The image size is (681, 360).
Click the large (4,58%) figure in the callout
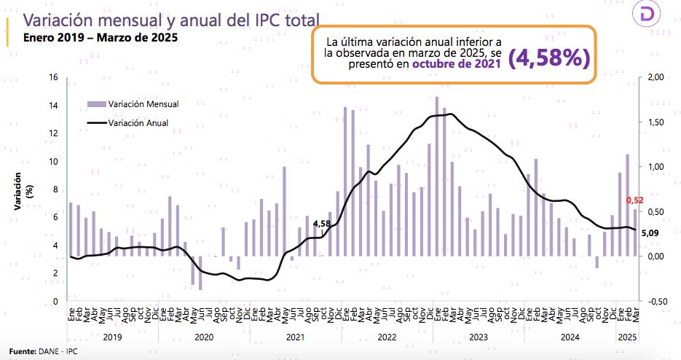pos(548,59)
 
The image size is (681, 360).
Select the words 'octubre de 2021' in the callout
pos(457,64)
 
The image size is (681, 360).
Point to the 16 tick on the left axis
pos(53,77)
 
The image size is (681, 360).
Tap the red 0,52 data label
pos(634,200)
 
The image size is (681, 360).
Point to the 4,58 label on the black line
pos(322,224)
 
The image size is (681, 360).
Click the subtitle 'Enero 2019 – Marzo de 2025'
pos(101,36)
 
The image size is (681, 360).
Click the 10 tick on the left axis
pos(53,161)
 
